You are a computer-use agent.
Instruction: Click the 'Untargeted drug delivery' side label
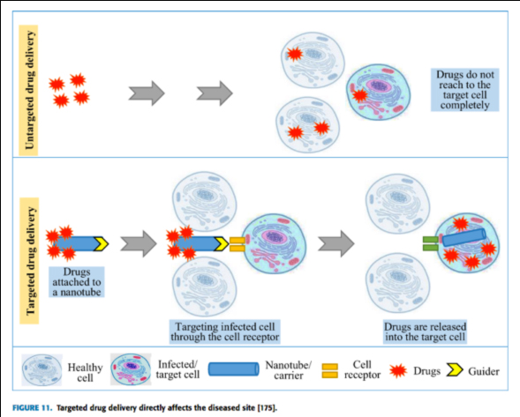[x=29, y=90]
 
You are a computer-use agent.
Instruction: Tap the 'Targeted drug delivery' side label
[x=29, y=261]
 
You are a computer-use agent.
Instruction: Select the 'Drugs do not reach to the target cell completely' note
[x=464, y=90]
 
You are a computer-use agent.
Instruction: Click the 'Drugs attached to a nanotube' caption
[x=77, y=282]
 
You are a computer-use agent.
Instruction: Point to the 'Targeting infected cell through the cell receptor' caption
[x=224, y=331]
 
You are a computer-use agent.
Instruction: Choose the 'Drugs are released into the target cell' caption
[x=426, y=331]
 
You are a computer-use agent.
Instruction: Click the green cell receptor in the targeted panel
[x=431, y=243]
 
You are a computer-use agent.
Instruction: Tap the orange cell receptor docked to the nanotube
[x=237, y=244]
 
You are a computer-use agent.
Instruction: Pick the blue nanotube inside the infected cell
[x=464, y=237]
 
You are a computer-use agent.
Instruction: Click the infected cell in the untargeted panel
[x=379, y=92]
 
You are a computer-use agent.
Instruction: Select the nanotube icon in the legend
[x=233, y=369]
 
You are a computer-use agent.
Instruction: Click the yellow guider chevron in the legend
[x=454, y=370]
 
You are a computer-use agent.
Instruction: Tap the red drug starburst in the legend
[x=398, y=370]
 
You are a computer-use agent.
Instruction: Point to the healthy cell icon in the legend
[x=41, y=369]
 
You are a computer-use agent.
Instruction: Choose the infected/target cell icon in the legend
[x=131, y=369]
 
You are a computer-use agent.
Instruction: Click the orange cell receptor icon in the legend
[x=330, y=371]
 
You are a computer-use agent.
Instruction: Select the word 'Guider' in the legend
[x=484, y=372]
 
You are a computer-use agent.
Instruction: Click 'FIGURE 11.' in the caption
[x=32, y=407]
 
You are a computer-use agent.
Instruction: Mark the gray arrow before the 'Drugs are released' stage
[x=336, y=244]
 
